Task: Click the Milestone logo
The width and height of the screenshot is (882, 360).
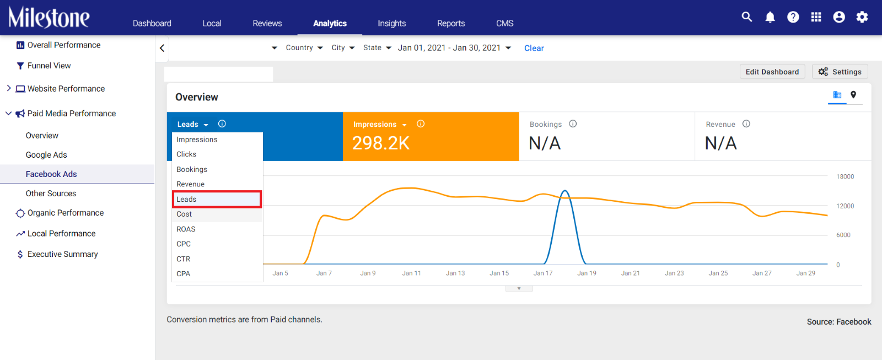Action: (x=49, y=17)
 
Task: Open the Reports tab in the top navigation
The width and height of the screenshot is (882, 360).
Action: (x=451, y=23)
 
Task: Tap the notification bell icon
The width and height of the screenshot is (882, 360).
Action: (x=770, y=17)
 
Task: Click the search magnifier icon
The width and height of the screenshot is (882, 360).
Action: (x=746, y=17)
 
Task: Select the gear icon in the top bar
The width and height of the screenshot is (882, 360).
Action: (x=862, y=17)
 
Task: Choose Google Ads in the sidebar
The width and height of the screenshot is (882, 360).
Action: (x=46, y=155)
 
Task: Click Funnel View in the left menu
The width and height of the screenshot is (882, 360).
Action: (x=49, y=66)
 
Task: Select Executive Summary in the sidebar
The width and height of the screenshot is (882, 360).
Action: (x=63, y=254)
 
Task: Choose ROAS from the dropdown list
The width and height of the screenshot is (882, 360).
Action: (x=186, y=229)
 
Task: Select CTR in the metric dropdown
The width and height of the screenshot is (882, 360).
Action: (x=183, y=259)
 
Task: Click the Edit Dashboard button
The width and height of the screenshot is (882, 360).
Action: (x=772, y=72)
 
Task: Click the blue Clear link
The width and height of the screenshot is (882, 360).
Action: (x=534, y=48)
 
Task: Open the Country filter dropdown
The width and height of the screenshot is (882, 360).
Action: (x=304, y=47)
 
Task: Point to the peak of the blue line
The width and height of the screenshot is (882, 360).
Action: (x=565, y=191)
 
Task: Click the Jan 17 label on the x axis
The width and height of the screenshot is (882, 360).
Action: (x=543, y=273)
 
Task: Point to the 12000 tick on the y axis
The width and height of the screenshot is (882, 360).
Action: (x=845, y=206)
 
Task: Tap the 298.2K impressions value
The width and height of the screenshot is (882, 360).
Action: (x=381, y=143)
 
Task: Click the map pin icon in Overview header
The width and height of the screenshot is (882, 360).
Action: (x=853, y=94)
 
